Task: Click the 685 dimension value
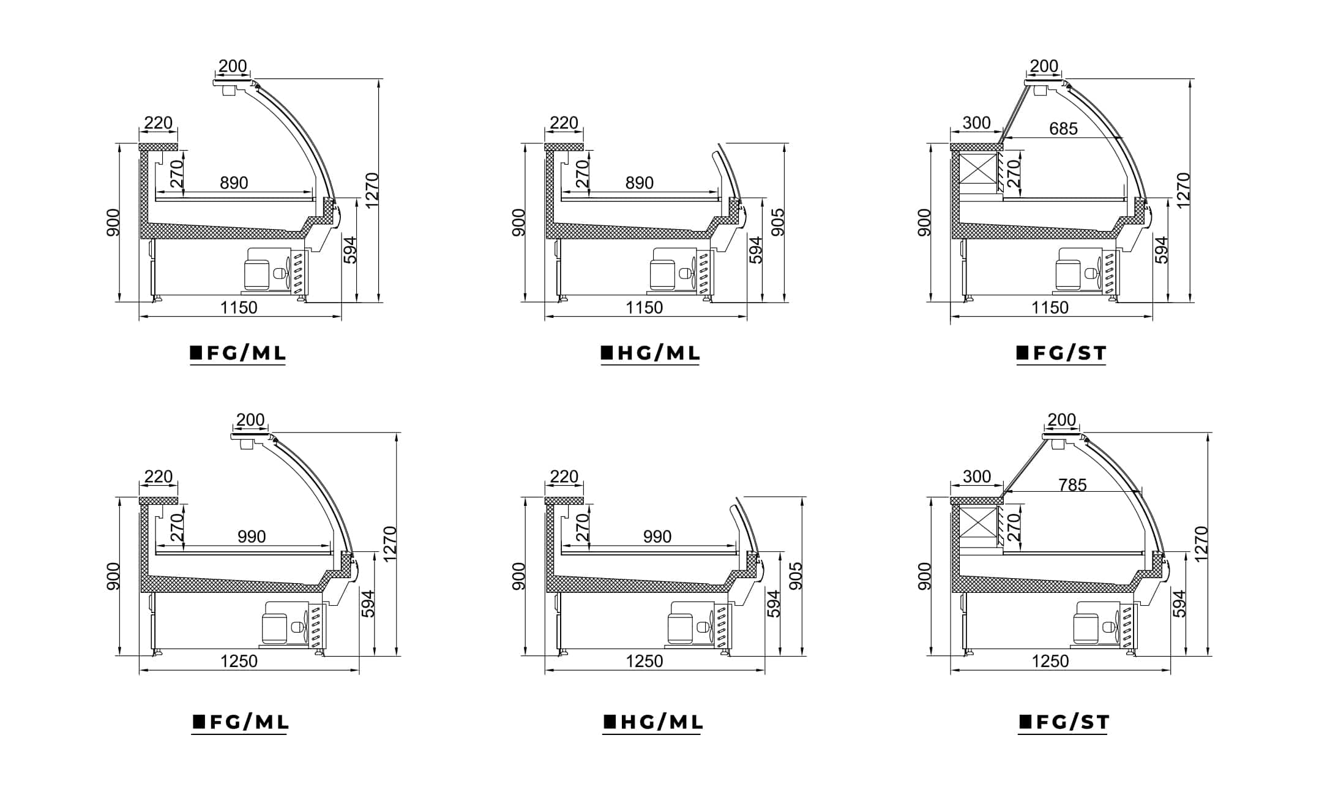point(1063,129)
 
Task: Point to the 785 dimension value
point(1072,485)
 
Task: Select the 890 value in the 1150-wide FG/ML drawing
point(234,183)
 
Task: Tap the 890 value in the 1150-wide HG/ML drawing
point(640,183)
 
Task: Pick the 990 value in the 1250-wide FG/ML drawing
point(252,537)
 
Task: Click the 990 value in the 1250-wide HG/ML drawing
point(657,537)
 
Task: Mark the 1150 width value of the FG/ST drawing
point(1050,307)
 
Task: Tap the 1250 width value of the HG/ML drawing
point(645,661)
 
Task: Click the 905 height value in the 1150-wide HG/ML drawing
point(777,222)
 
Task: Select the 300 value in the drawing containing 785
point(977,477)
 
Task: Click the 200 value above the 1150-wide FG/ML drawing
point(233,66)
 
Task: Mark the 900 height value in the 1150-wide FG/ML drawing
point(113,222)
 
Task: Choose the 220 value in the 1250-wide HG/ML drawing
point(564,477)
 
